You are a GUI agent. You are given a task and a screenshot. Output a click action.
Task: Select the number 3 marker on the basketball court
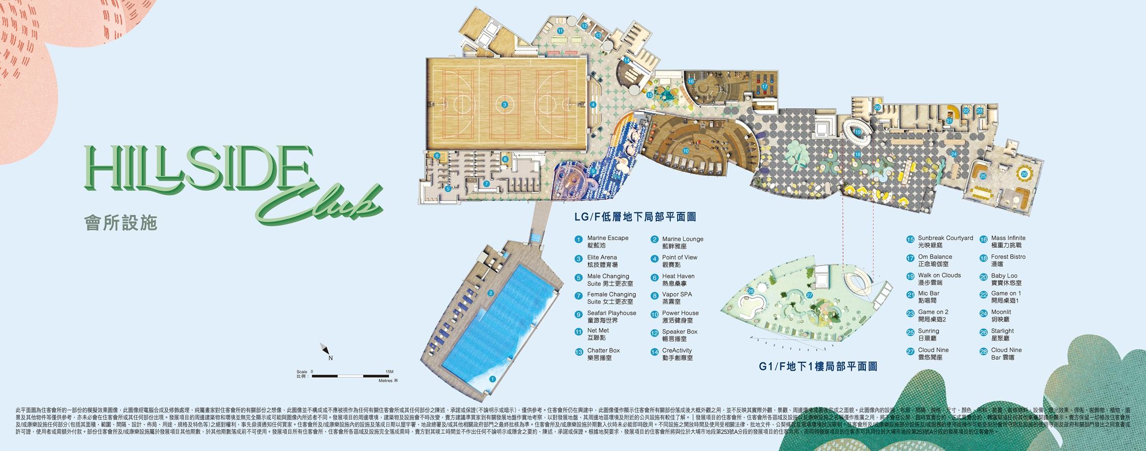504,105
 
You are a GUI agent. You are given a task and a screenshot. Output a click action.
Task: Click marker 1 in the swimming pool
493,378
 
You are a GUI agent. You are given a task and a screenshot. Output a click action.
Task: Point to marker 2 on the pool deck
491,293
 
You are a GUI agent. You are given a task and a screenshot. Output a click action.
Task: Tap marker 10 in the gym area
686,151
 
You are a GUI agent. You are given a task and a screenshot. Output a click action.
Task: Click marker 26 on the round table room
1025,174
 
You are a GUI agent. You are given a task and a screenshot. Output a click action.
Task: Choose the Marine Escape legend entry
607,242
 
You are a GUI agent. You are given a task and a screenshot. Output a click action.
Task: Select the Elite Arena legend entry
602,261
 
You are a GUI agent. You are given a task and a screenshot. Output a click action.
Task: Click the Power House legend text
680,317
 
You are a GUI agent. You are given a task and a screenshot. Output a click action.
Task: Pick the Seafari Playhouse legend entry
611,317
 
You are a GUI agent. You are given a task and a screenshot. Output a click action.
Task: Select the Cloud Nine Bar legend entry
1006,353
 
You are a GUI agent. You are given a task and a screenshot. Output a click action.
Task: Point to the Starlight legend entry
1002,334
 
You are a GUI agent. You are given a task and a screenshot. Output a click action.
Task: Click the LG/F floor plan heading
635,217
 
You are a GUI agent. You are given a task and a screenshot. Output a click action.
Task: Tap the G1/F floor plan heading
817,367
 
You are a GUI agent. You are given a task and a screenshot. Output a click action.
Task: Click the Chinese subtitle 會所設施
121,222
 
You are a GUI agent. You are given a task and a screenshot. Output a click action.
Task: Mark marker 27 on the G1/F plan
810,295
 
